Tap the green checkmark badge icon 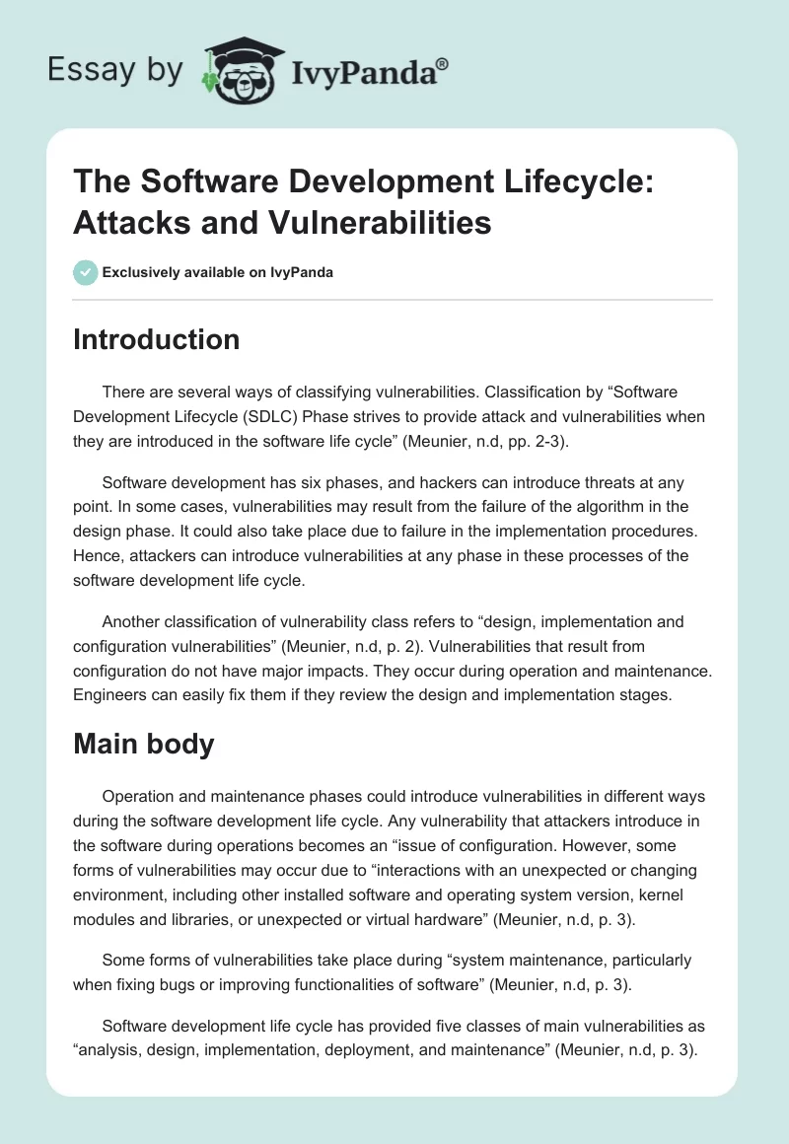pos(85,272)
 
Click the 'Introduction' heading pos(157,339)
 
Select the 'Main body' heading pos(144,744)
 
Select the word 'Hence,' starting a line pos(96,554)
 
